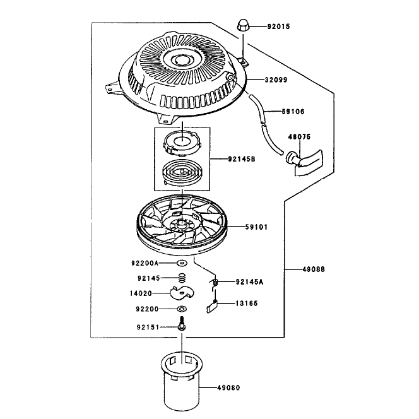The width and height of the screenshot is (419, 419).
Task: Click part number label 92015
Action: pos(278,27)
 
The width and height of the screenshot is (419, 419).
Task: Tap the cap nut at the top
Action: pos(243,26)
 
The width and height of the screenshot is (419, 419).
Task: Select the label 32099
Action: pos(276,80)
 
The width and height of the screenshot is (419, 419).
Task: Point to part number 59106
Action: pos(293,112)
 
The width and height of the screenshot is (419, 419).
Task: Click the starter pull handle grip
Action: pos(305,162)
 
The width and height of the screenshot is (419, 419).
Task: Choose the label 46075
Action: pos(299,137)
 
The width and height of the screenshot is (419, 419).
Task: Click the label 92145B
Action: pos(242,159)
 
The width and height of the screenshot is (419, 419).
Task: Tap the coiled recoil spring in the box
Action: pos(182,174)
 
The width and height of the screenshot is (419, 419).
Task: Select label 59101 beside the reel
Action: pos(256,227)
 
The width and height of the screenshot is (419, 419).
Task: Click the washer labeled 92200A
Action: pos(182,263)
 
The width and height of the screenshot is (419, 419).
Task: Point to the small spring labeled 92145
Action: pos(182,278)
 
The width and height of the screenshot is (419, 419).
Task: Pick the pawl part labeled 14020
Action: pos(182,293)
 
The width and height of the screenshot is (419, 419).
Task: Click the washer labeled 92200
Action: pos(182,309)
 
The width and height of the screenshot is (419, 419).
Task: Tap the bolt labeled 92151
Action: pos(182,324)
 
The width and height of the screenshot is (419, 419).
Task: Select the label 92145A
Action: pos(249,282)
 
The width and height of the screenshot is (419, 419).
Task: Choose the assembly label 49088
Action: pos(314,269)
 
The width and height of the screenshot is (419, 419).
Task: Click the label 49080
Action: pos(228,387)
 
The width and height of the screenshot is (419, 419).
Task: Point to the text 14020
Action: pos(141,293)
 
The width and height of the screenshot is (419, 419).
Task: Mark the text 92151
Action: pos(148,328)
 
